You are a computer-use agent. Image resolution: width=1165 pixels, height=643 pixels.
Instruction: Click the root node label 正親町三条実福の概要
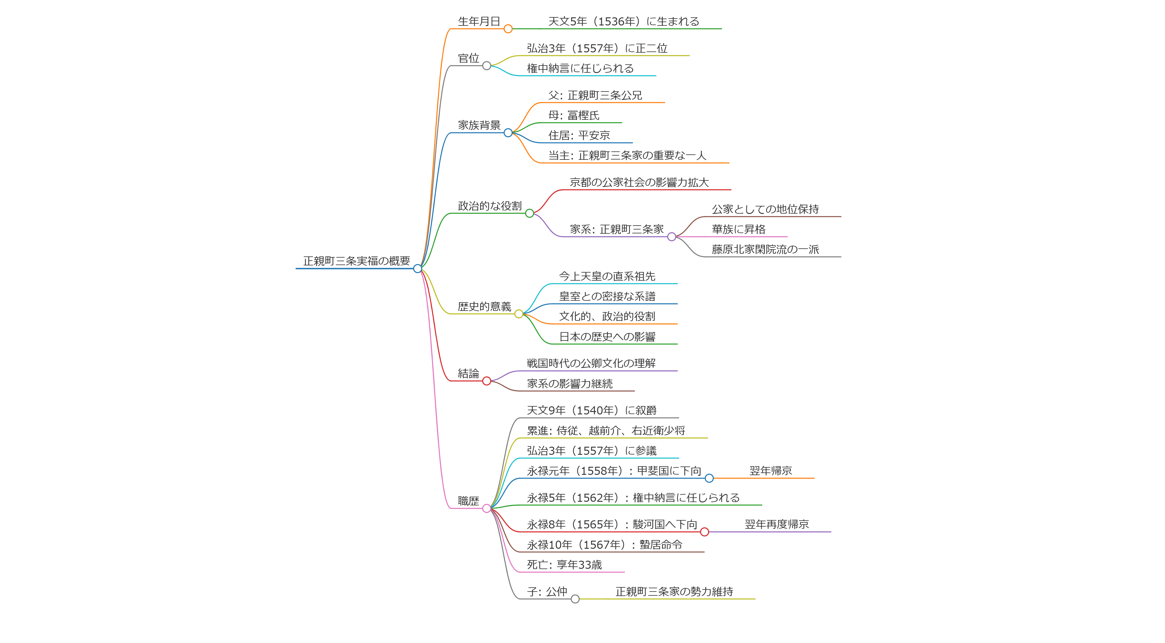tap(356, 261)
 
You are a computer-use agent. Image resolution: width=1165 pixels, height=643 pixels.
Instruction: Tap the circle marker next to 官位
tap(487, 66)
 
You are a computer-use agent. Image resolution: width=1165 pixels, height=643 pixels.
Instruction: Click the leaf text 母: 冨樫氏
tap(574, 115)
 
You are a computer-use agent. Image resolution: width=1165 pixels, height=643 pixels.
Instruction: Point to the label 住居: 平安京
tap(579, 135)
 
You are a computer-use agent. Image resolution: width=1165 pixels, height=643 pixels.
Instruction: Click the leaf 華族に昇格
tap(739, 229)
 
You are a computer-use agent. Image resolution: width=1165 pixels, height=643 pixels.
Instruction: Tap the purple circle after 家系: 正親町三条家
tap(672, 237)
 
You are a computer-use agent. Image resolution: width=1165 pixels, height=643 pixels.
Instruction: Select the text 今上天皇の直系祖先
tap(607, 276)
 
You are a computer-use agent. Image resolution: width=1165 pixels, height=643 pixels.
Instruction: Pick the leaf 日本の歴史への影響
tap(607, 337)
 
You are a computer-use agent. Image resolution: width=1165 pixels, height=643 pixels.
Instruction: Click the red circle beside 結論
tap(487, 381)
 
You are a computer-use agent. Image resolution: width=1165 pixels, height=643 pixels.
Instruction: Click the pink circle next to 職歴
tap(487, 509)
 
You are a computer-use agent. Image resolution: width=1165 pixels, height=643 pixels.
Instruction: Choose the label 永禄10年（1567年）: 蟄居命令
tap(604, 545)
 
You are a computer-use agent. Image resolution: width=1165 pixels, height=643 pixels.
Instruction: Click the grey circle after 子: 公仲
tap(575, 599)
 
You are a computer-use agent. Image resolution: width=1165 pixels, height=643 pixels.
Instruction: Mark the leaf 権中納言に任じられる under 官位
tap(580, 68)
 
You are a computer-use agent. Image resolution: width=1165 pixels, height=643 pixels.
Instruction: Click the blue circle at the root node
tap(417, 269)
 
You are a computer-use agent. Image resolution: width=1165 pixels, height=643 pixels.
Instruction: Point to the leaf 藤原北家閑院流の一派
tap(765, 249)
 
